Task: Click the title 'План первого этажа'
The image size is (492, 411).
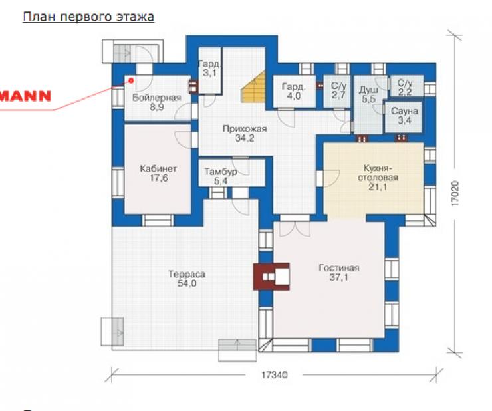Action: coord(88,17)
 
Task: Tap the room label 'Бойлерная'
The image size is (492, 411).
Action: coord(156,98)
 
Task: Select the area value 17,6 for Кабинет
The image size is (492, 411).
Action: coord(158,178)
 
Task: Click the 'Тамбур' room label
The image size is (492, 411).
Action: coord(221,172)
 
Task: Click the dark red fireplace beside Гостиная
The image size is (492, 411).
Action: coord(271,276)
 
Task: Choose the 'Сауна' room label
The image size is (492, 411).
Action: coord(404,111)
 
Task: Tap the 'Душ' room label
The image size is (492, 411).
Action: coord(368,90)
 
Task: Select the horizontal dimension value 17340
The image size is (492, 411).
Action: coord(274,375)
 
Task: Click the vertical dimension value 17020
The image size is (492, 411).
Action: coord(455,194)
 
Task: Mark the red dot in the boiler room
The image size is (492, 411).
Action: coord(131,81)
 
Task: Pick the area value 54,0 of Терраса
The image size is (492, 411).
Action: coord(187,283)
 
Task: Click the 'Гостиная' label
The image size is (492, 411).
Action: coord(339,268)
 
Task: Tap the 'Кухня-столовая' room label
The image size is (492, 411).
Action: coord(378,173)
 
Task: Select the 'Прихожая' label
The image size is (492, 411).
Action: coord(245,129)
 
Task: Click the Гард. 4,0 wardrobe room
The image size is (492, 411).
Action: coord(294,91)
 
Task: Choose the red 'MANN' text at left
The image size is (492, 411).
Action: coord(25,96)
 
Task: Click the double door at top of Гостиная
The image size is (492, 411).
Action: coord(295,229)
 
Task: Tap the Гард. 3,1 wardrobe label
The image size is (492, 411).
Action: coord(209,68)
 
